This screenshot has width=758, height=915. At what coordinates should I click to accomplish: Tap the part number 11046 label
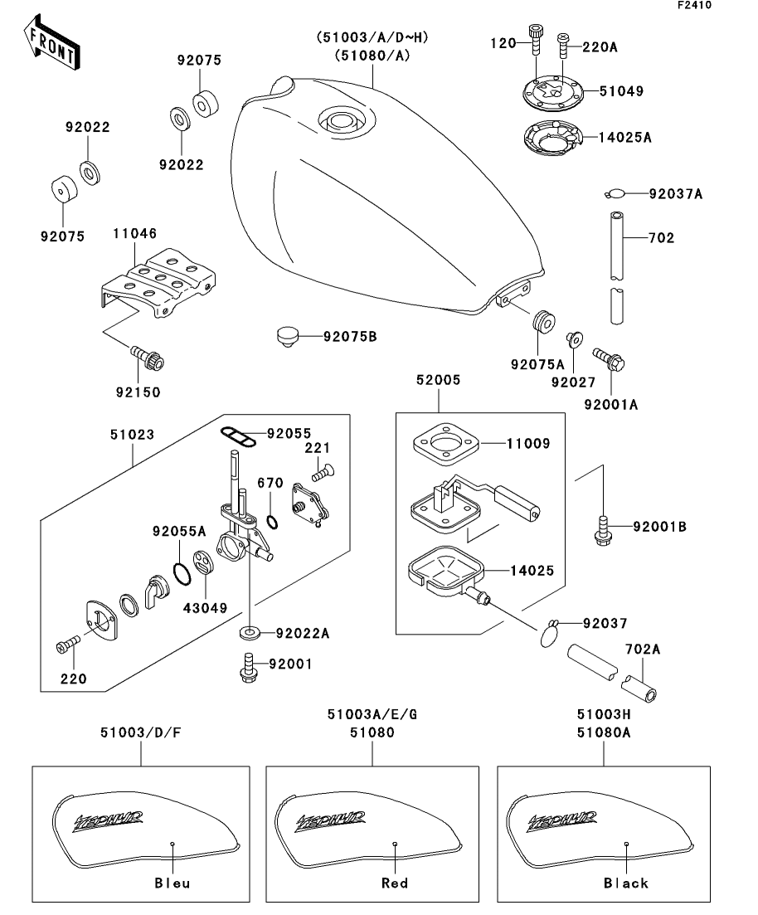(135, 234)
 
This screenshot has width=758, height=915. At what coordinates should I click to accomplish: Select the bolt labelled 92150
(148, 359)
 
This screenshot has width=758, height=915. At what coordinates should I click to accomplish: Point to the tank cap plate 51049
(551, 91)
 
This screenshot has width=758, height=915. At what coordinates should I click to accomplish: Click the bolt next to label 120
(535, 37)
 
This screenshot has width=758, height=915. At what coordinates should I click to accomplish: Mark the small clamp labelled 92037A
(614, 194)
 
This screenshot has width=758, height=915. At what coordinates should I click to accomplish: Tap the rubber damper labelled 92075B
(287, 337)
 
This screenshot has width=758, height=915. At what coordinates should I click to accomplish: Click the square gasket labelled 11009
(447, 443)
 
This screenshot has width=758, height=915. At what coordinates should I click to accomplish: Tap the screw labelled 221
(320, 474)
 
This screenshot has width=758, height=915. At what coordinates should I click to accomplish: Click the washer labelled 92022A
(249, 634)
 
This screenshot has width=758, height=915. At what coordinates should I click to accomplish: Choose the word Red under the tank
(395, 883)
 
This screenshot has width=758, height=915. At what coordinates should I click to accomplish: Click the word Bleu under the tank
(172, 883)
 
